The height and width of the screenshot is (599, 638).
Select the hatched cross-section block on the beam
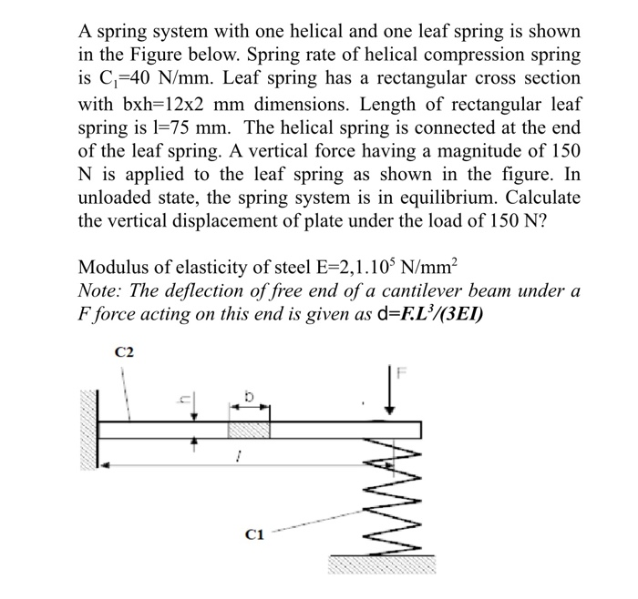[248, 429]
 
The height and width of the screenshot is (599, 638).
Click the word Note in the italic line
[98, 290]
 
